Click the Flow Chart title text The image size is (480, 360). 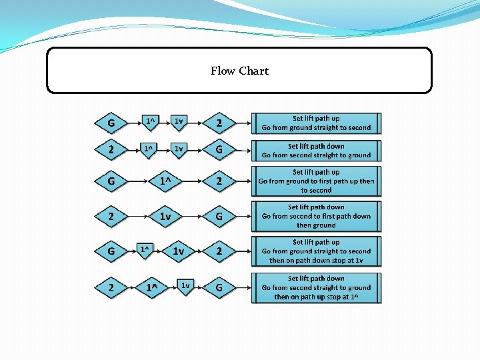click(239, 71)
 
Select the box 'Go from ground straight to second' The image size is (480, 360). click(316, 123)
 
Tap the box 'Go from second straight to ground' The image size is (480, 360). click(316, 151)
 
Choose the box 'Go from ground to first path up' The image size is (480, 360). click(316, 181)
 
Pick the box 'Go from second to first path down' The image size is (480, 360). click(316, 216)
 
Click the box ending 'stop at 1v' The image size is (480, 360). click(316, 251)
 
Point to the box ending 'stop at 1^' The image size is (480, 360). click(316, 287)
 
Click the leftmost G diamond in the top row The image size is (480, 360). click(111, 123)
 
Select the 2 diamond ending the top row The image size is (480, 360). click(219, 123)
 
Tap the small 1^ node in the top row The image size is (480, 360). click(151, 121)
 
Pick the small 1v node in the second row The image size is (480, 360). click(178, 148)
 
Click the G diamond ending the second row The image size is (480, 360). click(219, 150)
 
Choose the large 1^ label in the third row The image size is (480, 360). click(165, 181)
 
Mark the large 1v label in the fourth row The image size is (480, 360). click(165, 216)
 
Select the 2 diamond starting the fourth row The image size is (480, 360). click(111, 216)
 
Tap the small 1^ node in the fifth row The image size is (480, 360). click(144, 249)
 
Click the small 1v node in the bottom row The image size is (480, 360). click(185, 285)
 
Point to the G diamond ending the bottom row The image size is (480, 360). click(219, 288)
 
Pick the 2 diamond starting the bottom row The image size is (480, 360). click(111, 288)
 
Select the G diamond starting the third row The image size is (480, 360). click(111, 181)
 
